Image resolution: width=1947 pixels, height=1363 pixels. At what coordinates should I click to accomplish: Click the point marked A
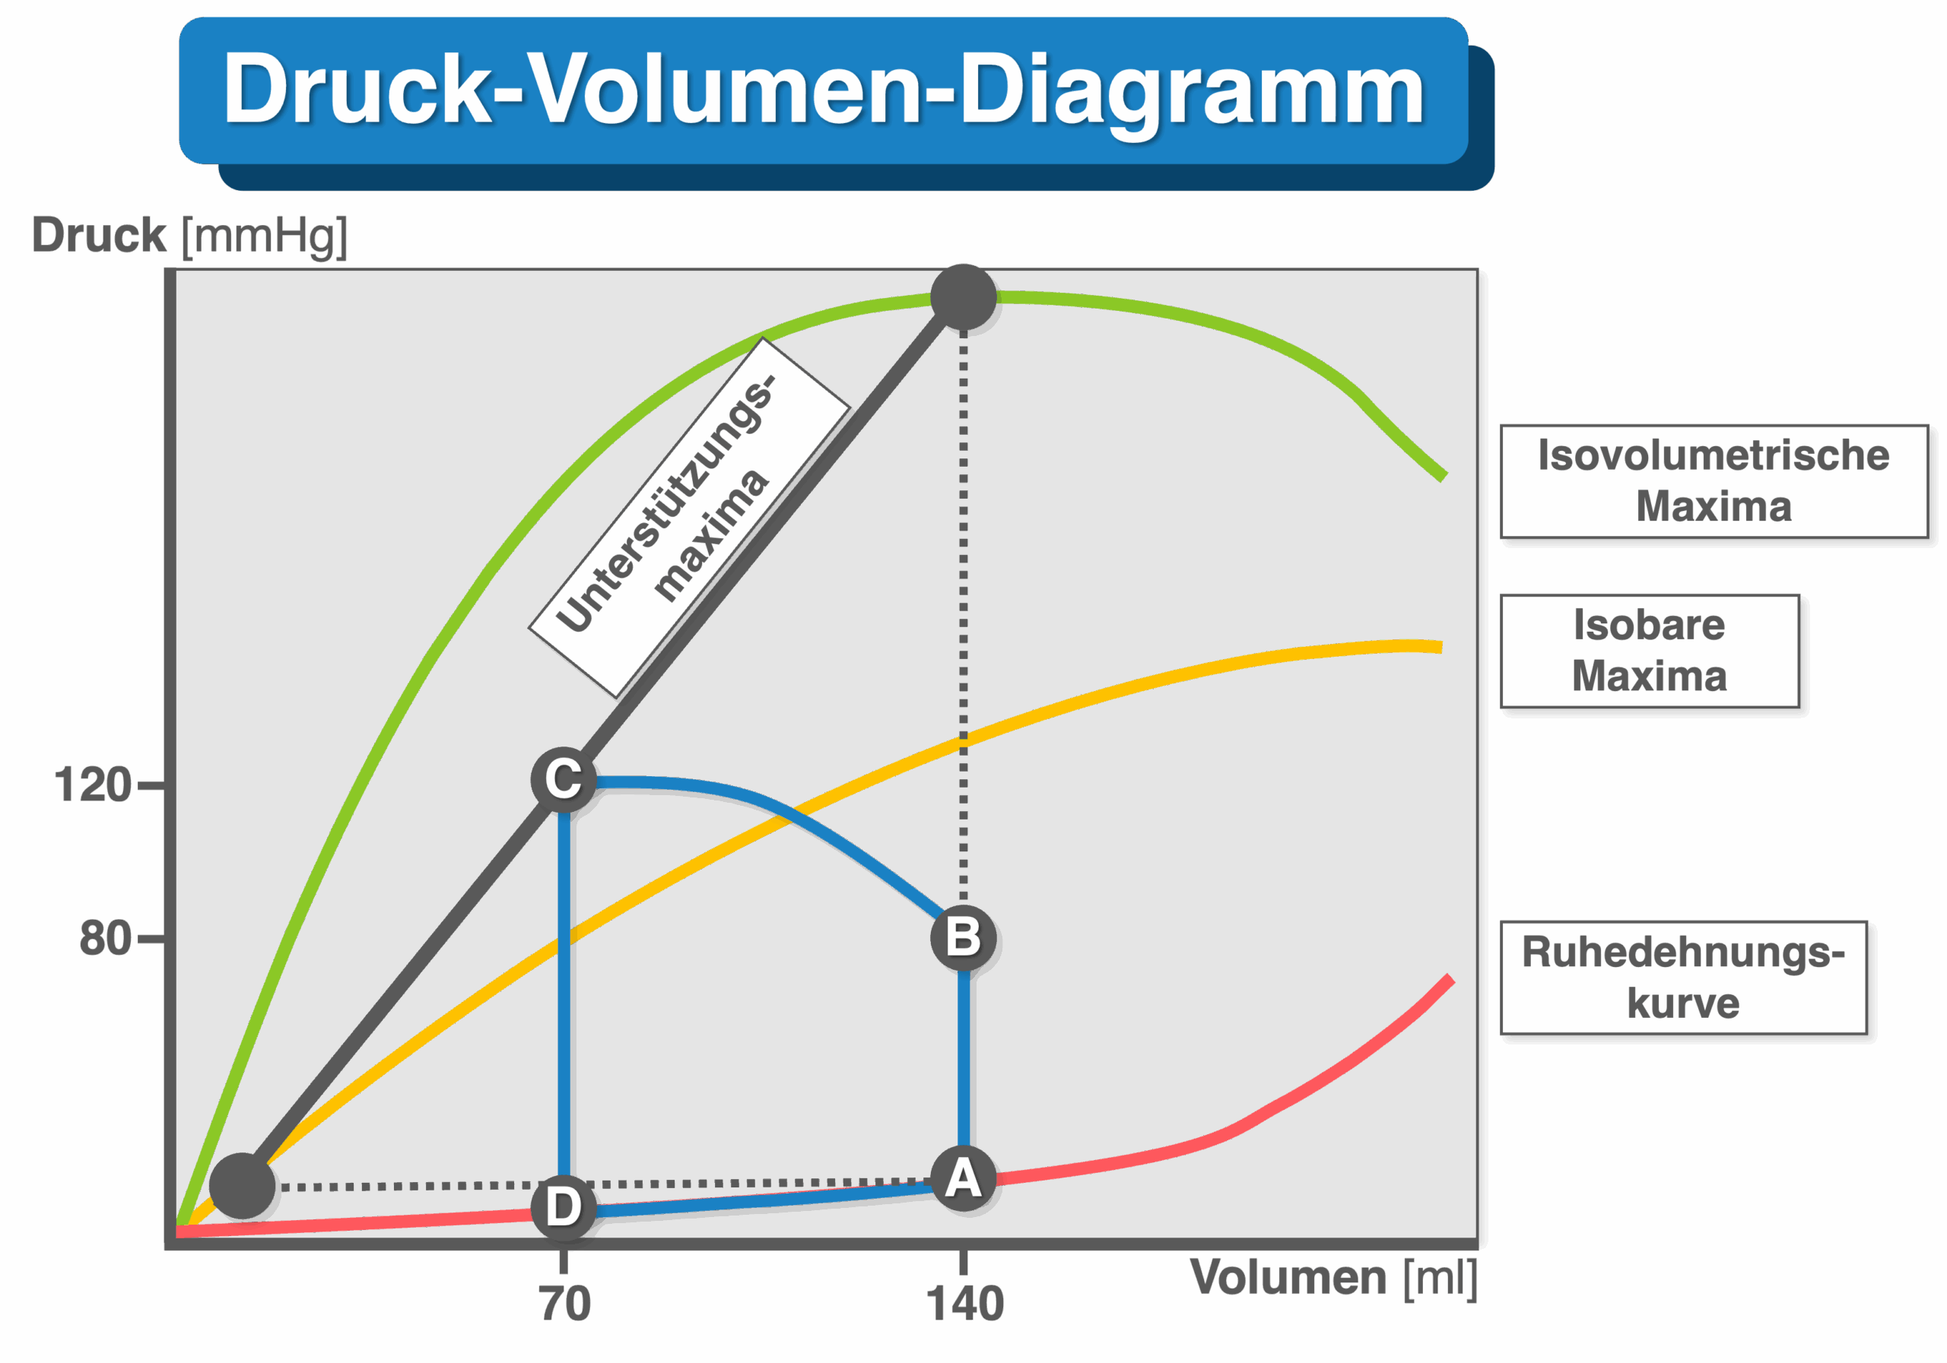click(x=963, y=1178)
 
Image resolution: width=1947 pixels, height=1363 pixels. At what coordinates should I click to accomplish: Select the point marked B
click(x=963, y=937)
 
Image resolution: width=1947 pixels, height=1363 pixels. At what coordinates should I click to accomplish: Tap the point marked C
click(x=563, y=779)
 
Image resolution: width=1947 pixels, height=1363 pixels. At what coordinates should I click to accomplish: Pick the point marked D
click(x=563, y=1206)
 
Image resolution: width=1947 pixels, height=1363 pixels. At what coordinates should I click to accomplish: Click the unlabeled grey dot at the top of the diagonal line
click(x=963, y=297)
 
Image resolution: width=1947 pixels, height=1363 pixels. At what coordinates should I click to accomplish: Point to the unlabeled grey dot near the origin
click(x=243, y=1185)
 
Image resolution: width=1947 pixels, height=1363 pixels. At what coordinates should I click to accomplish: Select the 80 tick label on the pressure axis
click(x=105, y=938)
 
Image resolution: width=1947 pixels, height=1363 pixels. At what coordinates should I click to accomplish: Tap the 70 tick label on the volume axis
click(x=565, y=1304)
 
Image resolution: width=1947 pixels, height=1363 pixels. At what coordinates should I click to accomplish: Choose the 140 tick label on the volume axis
click(x=965, y=1304)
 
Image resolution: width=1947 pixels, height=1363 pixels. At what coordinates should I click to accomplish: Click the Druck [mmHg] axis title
click(x=189, y=235)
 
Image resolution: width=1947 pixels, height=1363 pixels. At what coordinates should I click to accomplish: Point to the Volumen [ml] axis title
click(x=1333, y=1276)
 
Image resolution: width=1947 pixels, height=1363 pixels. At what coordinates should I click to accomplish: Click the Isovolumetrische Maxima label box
click(x=1713, y=480)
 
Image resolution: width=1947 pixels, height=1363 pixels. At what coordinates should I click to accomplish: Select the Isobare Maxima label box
click(x=1650, y=651)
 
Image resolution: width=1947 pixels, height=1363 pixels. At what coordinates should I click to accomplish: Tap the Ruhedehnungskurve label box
click(x=1683, y=978)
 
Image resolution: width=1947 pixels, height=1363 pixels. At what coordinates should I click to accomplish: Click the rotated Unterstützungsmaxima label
click(x=688, y=517)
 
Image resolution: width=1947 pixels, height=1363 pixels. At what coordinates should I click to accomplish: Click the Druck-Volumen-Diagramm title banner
click(x=824, y=90)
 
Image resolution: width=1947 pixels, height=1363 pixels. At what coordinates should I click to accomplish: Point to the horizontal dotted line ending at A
click(x=593, y=1184)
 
